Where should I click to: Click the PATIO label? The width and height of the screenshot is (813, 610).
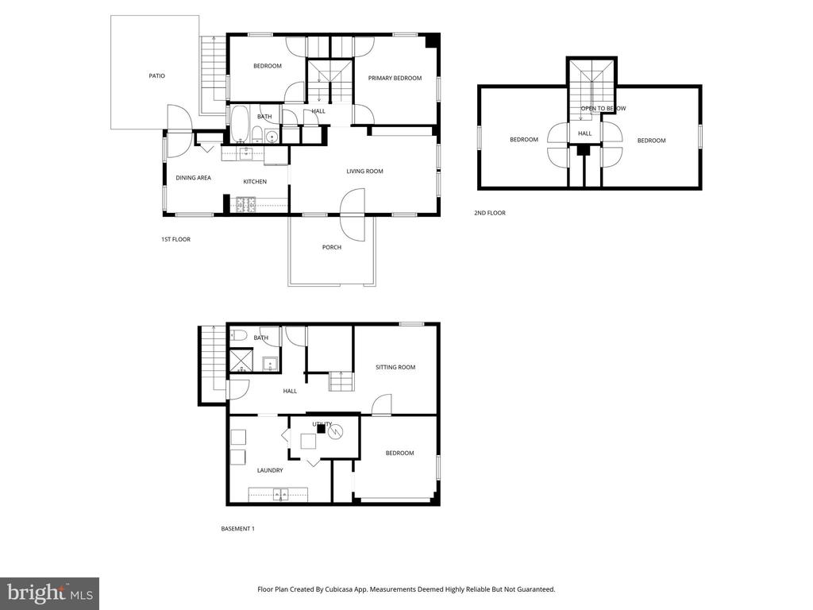(x=156, y=75)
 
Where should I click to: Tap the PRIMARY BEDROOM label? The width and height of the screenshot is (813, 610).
(x=395, y=79)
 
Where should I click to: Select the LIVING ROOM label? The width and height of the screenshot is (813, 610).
(x=364, y=172)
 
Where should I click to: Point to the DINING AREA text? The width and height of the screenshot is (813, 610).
(x=193, y=178)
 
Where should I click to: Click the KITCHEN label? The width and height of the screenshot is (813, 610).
(x=255, y=182)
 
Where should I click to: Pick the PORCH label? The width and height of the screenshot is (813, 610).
(x=331, y=248)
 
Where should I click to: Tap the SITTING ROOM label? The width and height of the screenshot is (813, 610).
(x=395, y=367)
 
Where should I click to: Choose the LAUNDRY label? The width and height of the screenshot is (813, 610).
(x=270, y=470)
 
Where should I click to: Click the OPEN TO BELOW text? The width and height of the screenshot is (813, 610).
(x=603, y=108)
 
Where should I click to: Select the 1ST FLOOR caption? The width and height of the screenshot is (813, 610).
(x=175, y=239)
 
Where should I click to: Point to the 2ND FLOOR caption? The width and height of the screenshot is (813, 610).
(x=489, y=213)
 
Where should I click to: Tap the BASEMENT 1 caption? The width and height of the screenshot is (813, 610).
(x=237, y=528)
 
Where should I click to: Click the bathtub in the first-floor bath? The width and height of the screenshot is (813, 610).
(x=240, y=123)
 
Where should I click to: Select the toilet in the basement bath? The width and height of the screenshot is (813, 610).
(x=238, y=335)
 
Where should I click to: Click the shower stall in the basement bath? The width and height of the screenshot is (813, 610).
(x=240, y=361)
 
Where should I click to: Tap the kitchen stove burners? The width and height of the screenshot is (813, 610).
(x=246, y=205)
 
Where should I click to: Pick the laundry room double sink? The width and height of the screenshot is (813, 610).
(x=280, y=494)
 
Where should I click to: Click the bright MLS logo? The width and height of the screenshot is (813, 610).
(x=50, y=593)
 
